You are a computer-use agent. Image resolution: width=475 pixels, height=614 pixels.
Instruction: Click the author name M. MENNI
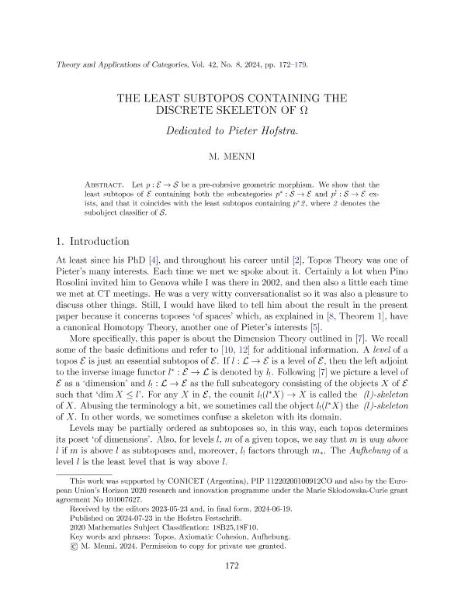coord(237,155)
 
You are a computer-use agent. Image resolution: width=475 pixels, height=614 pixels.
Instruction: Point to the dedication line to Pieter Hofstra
coord(237,131)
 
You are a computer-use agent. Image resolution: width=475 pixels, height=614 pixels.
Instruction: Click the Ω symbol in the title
coord(305,109)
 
